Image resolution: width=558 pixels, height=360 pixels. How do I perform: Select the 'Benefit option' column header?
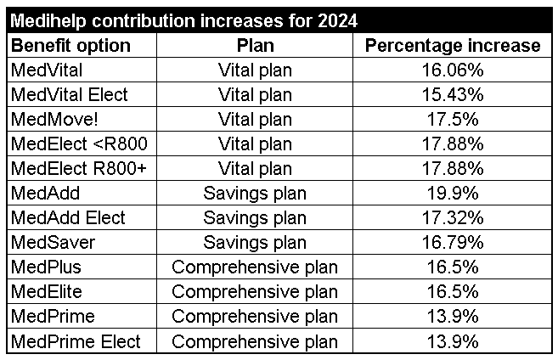click(70, 45)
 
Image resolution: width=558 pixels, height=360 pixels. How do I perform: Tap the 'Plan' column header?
click(255, 45)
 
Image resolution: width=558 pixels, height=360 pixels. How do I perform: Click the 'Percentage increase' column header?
click(452, 45)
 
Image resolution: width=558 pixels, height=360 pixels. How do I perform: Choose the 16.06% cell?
click(452, 70)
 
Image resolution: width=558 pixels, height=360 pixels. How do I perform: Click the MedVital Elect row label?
click(68, 94)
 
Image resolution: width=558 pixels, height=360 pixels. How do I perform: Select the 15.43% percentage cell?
click(452, 94)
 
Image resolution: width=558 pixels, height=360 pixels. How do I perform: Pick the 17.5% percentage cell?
click(452, 119)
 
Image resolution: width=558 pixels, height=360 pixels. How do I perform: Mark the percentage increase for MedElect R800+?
click(452, 168)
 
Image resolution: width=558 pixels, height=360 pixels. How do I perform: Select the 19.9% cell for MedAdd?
click(452, 193)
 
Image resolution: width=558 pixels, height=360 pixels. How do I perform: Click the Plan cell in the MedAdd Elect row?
click(255, 218)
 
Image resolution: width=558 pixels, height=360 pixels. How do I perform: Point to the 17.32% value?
click(452, 218)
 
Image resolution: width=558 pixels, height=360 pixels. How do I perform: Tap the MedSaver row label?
click(53, 243)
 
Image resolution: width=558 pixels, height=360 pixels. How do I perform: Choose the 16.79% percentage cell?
click(452, 243)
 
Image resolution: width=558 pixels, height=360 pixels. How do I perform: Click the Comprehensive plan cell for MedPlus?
click(255, 267)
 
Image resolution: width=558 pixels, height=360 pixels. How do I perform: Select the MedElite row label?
click(48, 292)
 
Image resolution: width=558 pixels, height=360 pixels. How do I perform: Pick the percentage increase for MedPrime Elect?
click(452, 341)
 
